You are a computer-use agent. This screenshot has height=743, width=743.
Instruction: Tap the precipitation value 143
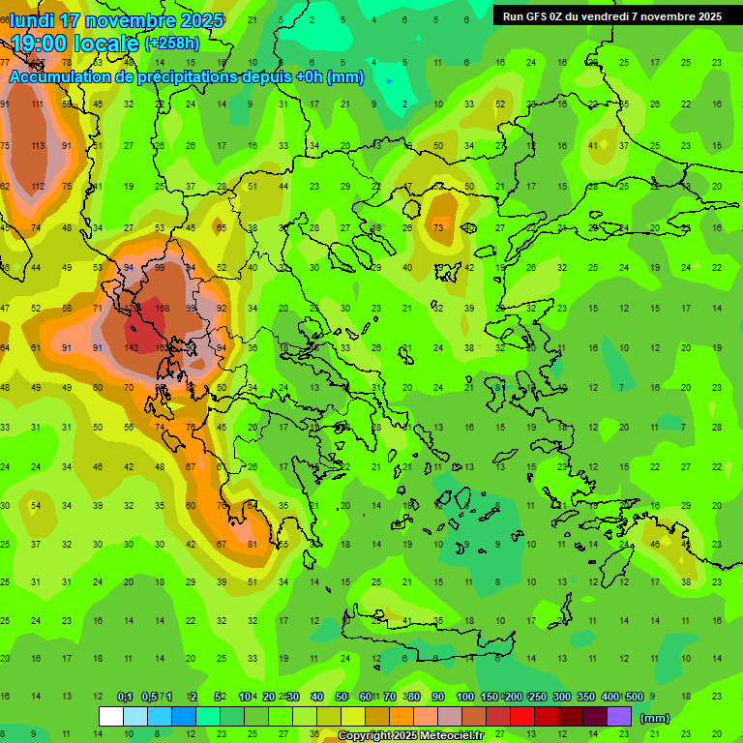pos(131,348)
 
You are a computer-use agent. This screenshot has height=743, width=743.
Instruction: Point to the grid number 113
pos(38,146)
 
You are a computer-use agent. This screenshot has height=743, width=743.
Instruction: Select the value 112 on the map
pos(38,187)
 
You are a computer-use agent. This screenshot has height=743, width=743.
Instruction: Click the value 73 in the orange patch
pos(438,228)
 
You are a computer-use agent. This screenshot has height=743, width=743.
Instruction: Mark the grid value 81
pos(253,545)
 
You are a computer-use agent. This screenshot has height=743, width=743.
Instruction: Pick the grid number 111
pos(38,104)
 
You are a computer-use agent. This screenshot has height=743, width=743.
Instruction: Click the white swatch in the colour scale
pos(110,717)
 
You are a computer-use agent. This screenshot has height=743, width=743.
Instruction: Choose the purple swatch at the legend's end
pos(619,717)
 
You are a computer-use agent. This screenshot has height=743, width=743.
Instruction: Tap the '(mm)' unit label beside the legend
pos(654,718)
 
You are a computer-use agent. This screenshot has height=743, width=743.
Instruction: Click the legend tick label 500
pos(634,698)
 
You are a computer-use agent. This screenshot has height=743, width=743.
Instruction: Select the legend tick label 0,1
pos(125,698)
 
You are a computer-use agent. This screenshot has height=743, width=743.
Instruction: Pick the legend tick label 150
pos(490,698)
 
